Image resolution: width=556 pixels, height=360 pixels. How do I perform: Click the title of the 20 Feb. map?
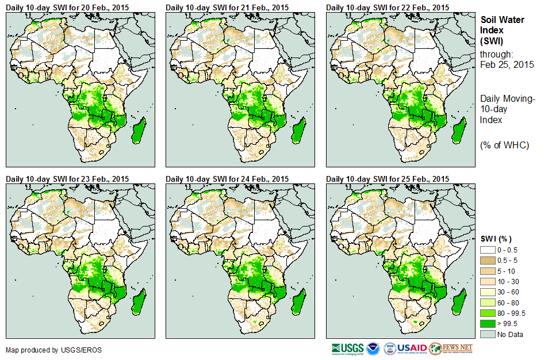click(67, 7)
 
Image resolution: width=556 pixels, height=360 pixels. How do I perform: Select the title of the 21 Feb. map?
click(227, 7)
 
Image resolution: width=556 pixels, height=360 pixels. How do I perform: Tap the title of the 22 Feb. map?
click(387, 7)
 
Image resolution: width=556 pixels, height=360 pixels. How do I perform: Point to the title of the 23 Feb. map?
click(67, 179)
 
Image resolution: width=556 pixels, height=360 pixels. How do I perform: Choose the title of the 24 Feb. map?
click(227, 179)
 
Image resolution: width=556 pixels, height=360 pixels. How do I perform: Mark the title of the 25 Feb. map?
click(387, 179)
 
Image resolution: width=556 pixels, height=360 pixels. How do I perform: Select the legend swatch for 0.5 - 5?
click(487, 260)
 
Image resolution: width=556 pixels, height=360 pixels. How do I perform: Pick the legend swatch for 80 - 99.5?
click(487, 313)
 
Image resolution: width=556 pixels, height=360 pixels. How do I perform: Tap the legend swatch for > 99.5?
click(487, 324)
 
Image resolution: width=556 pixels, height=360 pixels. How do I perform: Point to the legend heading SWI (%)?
click(496, 239)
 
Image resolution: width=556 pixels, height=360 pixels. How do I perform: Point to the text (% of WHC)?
click(504, 145)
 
